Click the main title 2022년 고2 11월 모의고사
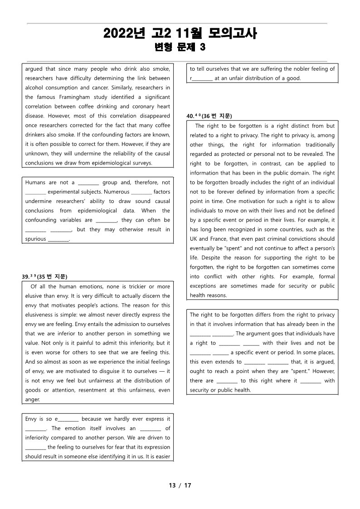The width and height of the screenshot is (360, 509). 180,34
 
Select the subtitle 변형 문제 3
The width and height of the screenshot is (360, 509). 180,47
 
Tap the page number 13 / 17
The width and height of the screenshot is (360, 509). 180,485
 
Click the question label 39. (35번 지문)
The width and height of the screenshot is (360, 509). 44,276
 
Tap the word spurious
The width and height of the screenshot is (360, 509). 35,239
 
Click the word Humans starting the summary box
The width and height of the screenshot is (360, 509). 35,182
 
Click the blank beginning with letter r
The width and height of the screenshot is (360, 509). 201,78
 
